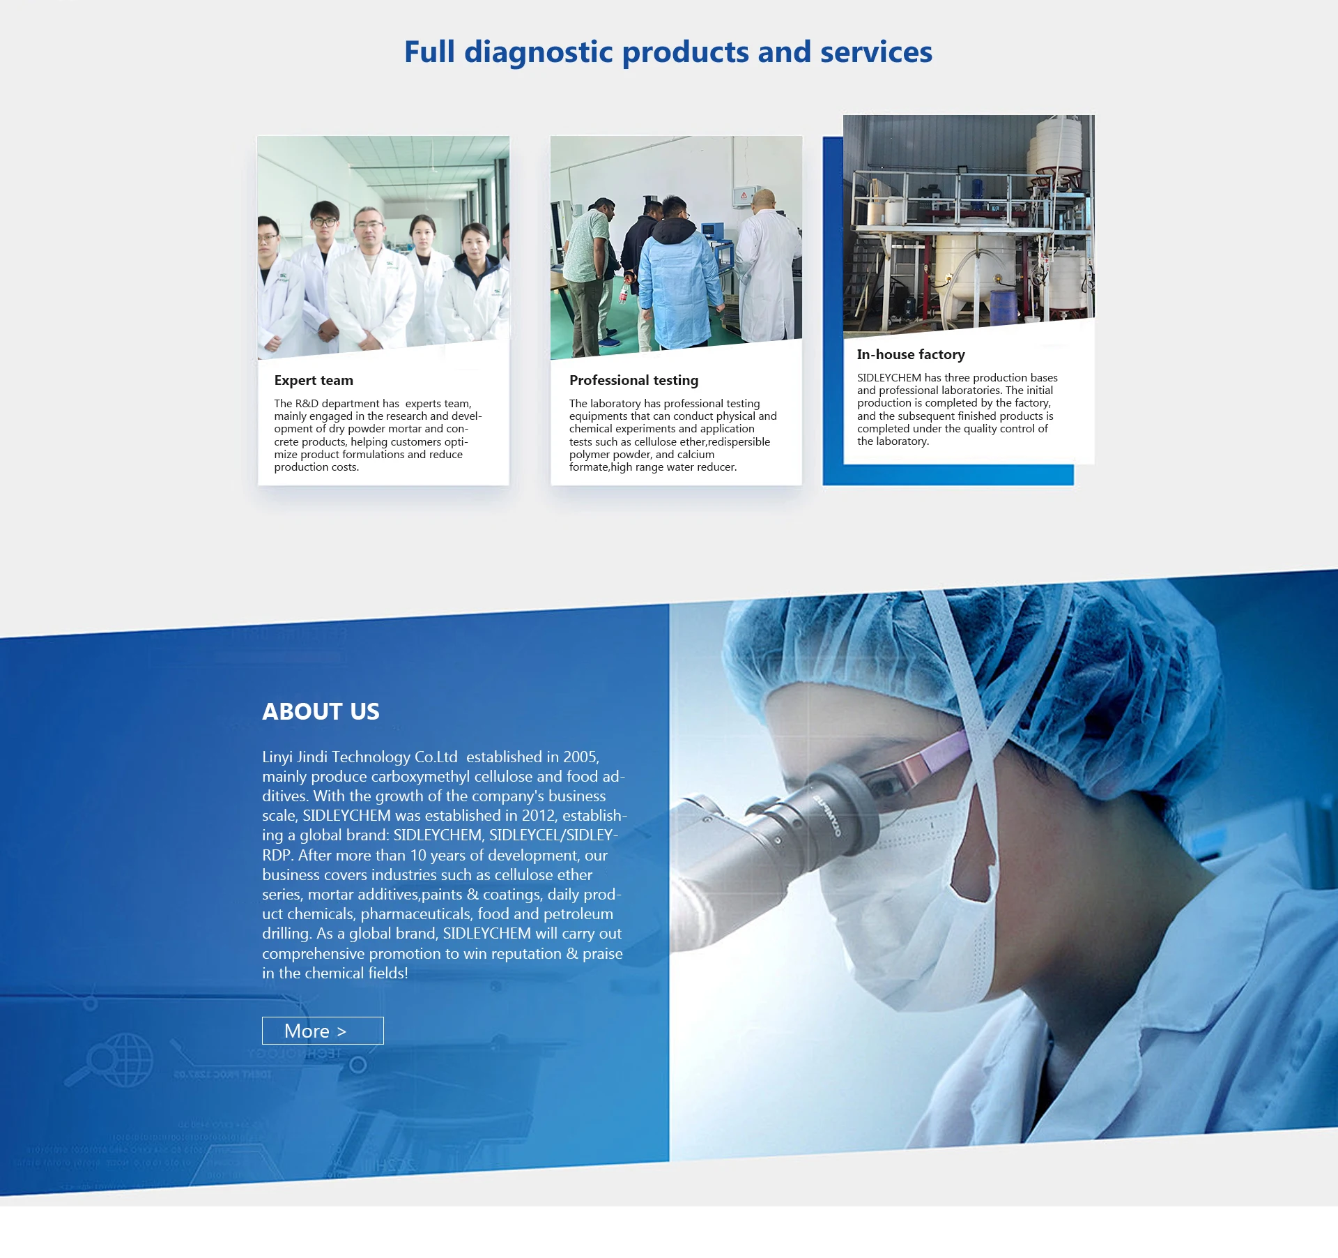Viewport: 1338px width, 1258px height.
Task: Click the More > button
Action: [323, 1030]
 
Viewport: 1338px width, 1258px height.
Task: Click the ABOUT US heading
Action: [321, 711]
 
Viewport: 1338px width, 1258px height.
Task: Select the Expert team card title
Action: [314, 380]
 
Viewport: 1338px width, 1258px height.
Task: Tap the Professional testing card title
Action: [633, 380]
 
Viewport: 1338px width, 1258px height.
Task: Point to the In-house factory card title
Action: [911, 354]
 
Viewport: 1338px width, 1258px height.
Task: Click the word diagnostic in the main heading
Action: [538, 53]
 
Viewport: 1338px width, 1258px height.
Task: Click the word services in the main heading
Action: [876, 52]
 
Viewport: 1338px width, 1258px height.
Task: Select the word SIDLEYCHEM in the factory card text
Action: [889, 377]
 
